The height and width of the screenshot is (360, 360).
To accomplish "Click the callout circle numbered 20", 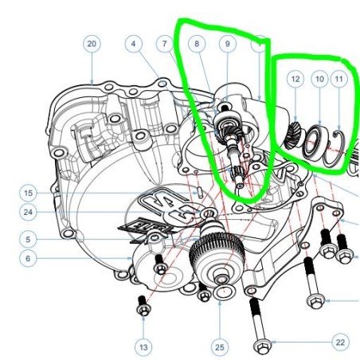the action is (x=92, y=44).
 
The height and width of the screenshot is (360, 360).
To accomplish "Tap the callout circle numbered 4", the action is (x=134, y=44).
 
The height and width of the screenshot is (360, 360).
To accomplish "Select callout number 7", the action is (x=165, y=44).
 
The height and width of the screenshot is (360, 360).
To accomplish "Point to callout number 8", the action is (x=197, y=44).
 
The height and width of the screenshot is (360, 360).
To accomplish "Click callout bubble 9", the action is (x=228, y=44).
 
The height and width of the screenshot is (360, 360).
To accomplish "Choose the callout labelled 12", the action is (x=295, y=79).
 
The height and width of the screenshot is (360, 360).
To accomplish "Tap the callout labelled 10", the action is (x=319, y=79).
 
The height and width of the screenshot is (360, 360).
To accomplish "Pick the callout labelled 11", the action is (x=339, y=79).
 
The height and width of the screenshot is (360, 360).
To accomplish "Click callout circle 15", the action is (x=28, y=193).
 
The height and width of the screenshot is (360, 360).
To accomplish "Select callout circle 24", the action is (x=28, y=212).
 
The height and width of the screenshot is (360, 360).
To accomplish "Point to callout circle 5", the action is (x=28, y=240).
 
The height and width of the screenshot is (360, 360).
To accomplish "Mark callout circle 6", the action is (x=28, y=258).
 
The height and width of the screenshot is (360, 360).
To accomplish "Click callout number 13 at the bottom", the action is (x=143, y=347).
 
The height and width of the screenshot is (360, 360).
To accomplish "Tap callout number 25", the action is (x=220, y=347).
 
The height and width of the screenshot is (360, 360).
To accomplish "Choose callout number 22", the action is (x=340, y=342).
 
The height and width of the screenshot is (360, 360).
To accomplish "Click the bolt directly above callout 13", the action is (x=143, y=306).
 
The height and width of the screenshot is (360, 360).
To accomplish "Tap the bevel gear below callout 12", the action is (x=292, y=135).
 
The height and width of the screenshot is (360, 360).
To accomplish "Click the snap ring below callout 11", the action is (x=335, y=148).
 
